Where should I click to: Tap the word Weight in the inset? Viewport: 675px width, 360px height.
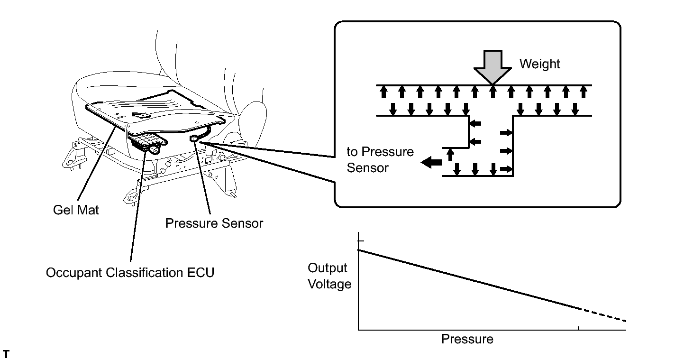tap(539, 64)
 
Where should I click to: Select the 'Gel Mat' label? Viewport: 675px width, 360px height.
tap(76, 210)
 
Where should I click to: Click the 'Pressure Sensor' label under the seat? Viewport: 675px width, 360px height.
tap(214, 223)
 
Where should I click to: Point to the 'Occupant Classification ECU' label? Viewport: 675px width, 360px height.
tap(130, 273)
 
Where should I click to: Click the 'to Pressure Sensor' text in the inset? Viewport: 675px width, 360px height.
tap(380, 159)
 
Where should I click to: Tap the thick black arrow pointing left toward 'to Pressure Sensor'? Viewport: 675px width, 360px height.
tap(431, 163)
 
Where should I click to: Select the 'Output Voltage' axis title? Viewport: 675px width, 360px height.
tap(329, 276)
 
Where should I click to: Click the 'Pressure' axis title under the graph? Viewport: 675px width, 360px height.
tap(467, 339)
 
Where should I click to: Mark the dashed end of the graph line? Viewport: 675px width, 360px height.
tap(603, 315)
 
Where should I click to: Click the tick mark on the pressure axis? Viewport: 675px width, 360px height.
tap(578, 328)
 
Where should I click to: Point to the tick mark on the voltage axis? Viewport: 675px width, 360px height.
tap(361, 240)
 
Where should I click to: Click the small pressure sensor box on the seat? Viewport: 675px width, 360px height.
tap(193, 138)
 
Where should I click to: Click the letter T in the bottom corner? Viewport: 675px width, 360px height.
tap(6, 354)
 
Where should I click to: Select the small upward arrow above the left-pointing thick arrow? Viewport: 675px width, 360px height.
tap(450, 154)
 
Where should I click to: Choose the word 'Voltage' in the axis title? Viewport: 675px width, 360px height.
tap(329, 284)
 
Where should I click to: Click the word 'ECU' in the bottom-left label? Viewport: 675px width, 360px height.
tap(201, 273)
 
